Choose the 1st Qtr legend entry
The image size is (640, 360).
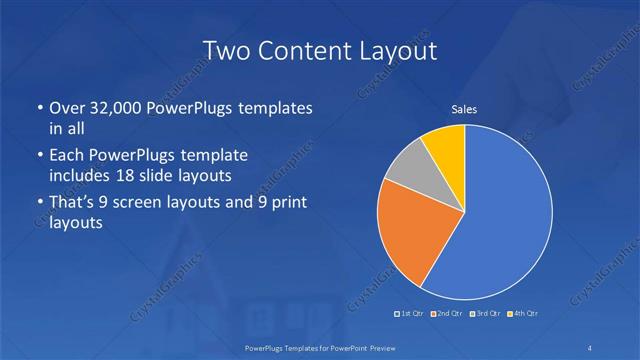coord(410,314)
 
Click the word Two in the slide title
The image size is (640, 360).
coord(224,50)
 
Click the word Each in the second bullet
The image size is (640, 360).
coord(67,156)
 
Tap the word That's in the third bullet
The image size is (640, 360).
coord(73,203)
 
